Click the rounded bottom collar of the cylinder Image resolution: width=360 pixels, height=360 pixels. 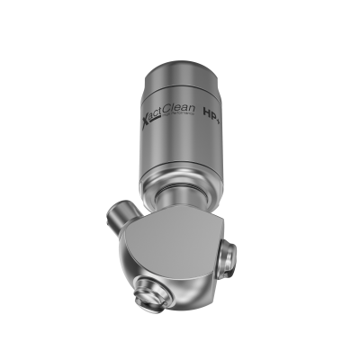click(180, 180)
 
